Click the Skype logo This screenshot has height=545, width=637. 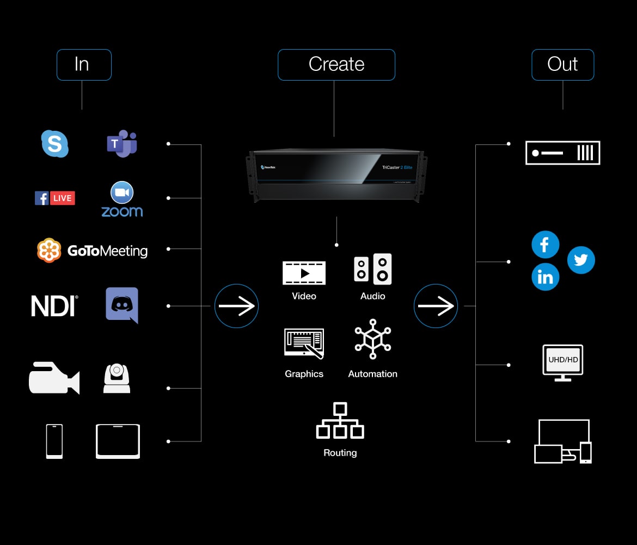point(55,144)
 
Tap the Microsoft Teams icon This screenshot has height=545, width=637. point(122,143)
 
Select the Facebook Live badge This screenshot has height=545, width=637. point(55,198)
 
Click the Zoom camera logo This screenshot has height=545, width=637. point(122,192)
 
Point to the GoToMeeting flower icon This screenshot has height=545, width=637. point(49,251)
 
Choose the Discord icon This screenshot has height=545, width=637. point(122,305)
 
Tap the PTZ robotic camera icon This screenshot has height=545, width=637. point(117,378)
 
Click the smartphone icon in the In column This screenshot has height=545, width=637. point(54,441)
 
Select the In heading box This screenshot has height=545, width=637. point(84,65)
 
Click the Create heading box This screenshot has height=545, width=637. point(336,65)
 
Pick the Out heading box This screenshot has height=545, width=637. point(562,65)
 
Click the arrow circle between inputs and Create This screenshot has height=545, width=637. point(236,306)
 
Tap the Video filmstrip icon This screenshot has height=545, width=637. point(304,273)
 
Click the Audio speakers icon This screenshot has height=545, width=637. point(373,269)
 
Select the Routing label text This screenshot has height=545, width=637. point(340,453)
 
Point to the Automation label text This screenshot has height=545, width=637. point(373,374)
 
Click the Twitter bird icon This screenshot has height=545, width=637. point(581,260)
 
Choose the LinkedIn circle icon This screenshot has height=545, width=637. point(545,277)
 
